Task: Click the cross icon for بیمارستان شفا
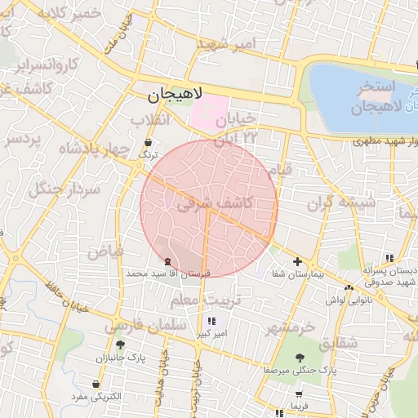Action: click(x=297, y=262)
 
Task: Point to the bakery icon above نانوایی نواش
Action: click(x=349, y=287)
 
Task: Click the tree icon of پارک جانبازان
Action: click(x=121, y=345)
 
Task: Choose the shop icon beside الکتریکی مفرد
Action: click(x=97, y=384)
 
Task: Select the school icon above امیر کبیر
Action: click(x=212, y=322)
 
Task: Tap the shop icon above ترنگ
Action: click(x=148, y=142)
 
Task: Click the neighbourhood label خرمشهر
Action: click(x=290, y=327)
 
